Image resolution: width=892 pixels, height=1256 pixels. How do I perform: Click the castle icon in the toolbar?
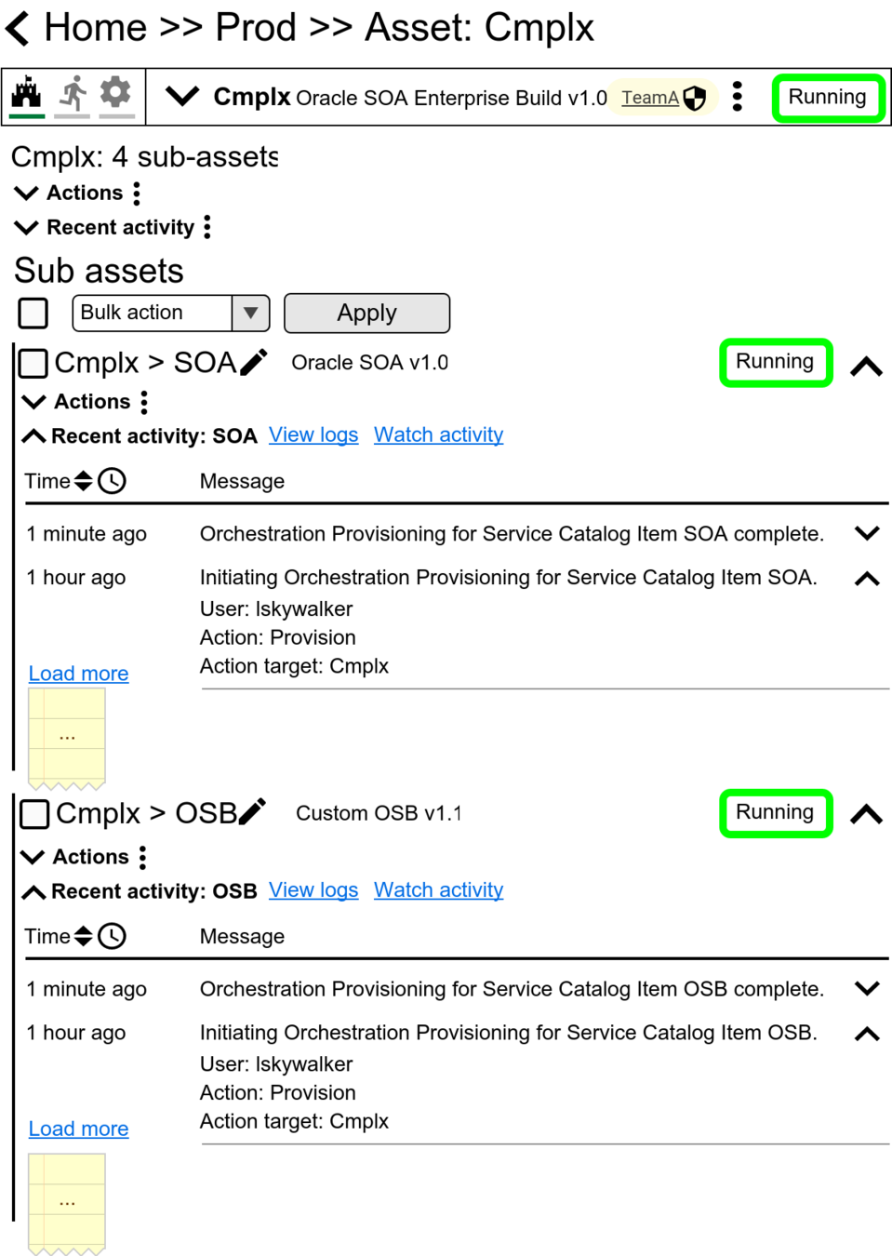(27, 93)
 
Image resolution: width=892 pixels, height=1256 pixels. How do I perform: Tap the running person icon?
(73, 93)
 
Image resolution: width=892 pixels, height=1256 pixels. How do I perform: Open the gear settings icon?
(116, 92)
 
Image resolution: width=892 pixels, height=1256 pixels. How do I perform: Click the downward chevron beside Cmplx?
(182, 96)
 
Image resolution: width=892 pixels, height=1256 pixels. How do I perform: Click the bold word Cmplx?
(252, 97)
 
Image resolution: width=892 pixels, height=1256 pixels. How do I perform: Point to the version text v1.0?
(587, 98)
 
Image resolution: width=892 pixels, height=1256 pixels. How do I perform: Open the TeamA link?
(649, 98)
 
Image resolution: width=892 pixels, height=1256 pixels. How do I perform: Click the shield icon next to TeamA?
(695, 98)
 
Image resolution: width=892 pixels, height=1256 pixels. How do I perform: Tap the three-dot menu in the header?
(738, 97)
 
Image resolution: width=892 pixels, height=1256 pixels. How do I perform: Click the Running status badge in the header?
(827, 98)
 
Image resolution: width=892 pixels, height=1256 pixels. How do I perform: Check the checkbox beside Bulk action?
(33, 314)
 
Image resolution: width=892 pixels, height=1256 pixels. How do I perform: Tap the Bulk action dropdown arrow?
(250, 314)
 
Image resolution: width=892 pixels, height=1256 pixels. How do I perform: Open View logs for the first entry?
(313, 435)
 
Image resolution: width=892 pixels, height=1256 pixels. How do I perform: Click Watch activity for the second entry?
(438, 890)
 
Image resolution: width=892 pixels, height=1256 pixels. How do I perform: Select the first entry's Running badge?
(776, 362)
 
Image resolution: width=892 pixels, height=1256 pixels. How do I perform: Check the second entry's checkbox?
(34, 815)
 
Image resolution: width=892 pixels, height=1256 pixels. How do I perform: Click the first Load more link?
(79, 674)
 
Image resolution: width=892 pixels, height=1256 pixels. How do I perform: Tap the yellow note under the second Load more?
(67, 1202)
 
